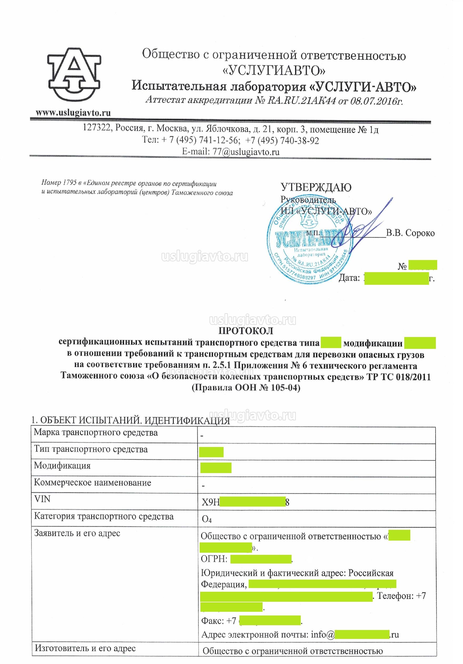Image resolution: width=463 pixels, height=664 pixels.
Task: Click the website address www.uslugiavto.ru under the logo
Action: pyautogui.click(x=73, y=113)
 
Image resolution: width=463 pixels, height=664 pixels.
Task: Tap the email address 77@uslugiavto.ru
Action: pyautogui.click(x=246, y=152)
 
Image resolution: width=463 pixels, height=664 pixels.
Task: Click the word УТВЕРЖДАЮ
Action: pyautogui.click(x=316, y=187)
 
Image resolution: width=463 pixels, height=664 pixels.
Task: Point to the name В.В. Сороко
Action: pyautogui.click(x=410, y=233)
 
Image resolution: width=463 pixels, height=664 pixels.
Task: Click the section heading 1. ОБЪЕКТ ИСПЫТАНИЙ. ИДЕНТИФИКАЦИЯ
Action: pyautogui.click(x=131, y=421)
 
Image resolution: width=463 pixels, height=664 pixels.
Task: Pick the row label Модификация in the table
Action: pyautogui.click(x=62, y=466)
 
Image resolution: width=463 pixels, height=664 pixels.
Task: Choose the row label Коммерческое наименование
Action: pyautogui.click(x=92, y=482)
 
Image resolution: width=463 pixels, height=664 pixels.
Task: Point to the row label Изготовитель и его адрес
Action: pyautogui.click(x=85, y=648)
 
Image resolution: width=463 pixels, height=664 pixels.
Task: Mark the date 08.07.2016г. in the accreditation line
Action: pyautogui.click(x=376, y=101)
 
